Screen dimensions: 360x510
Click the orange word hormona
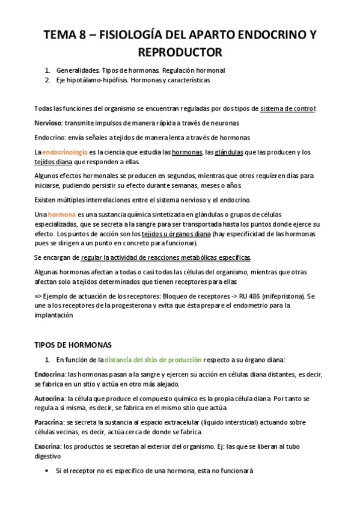[62, 215]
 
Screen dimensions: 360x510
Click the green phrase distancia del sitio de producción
[153, 360]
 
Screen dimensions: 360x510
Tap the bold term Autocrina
[50, 398]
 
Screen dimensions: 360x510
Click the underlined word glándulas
[229, 153]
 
